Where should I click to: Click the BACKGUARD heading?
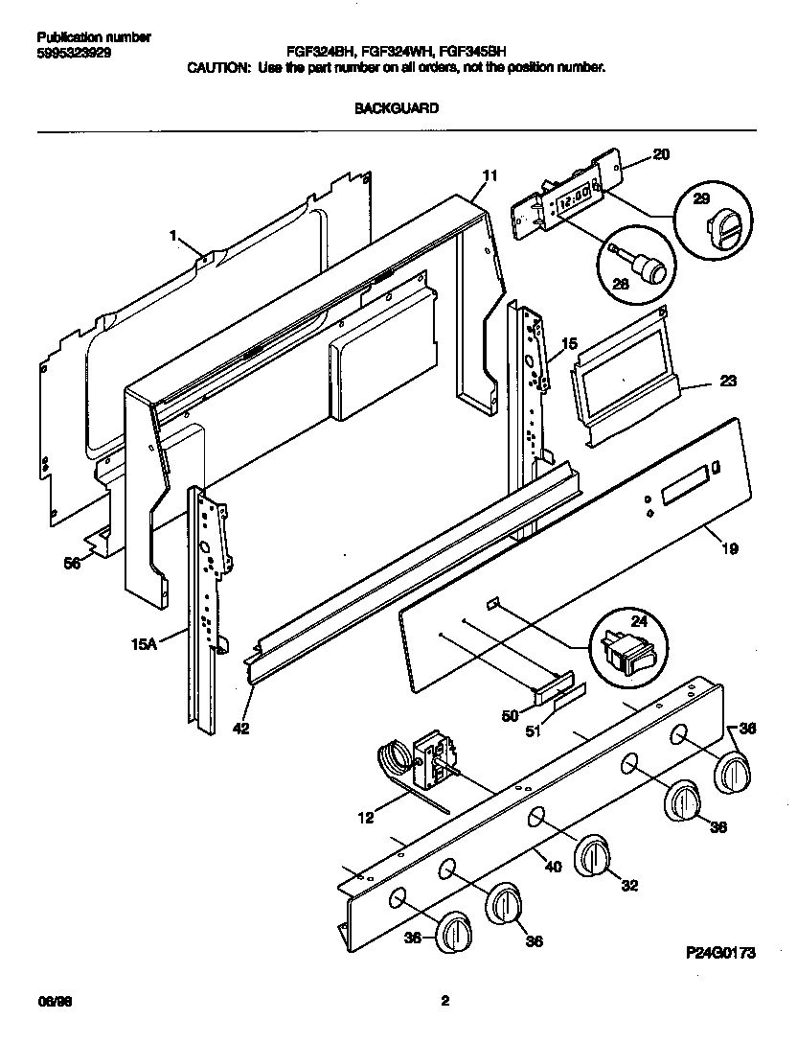(397, 108)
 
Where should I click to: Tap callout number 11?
(490, 175)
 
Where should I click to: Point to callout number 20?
(661, 153)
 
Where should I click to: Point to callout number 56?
(72, 564)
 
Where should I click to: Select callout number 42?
(240, 728)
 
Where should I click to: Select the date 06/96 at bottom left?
(52, 1002)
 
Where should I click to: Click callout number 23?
(727, 382)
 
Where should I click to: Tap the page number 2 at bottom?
(444, 1002)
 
